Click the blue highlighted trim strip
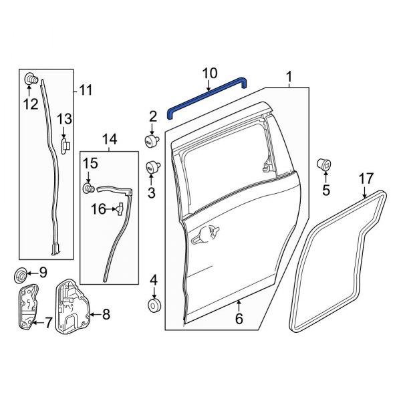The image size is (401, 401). [x=208, y=94]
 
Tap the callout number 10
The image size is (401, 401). [x=209, y=72]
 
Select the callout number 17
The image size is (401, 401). [x=366, y=178]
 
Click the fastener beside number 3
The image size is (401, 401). [x=152, y=167]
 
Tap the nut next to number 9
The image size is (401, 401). [x=21, y=273]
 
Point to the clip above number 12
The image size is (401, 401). [x=31, y=80]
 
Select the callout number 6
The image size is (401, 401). [x=239, y=320]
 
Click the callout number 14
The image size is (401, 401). [x=109, y=139]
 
